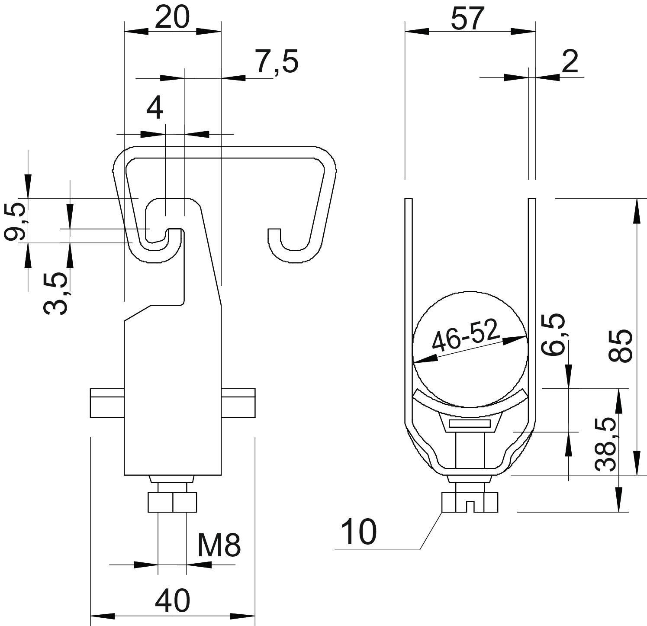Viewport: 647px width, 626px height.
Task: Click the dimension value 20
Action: click(172, 18)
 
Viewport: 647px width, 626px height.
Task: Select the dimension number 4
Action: click(155, 109)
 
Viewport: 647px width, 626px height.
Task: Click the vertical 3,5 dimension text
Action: click(56, 293)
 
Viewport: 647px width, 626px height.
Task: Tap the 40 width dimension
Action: click(172, 601)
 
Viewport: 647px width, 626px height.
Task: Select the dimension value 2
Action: click(570, 62)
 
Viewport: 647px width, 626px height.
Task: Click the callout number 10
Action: click(359, 532)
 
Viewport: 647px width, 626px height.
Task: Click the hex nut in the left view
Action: click(172, 502)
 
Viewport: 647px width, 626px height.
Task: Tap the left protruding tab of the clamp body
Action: click(107, 403)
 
